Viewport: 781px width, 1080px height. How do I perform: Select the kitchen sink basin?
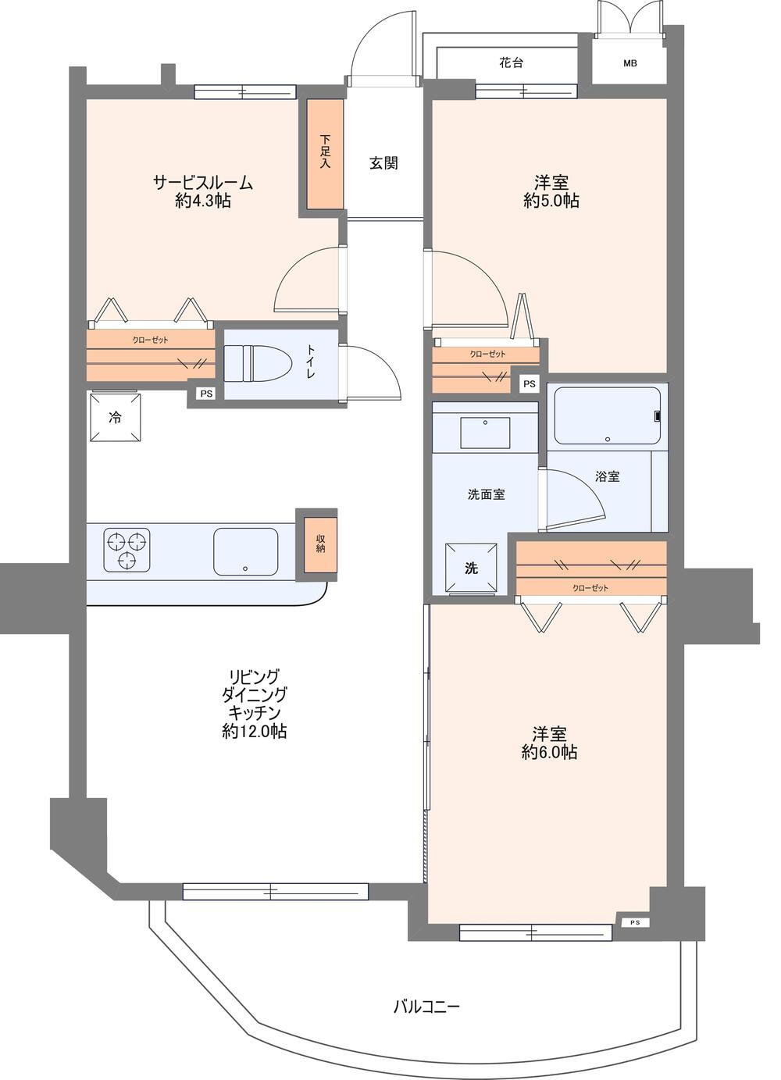coord(245,551)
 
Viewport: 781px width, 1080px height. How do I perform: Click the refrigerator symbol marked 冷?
coord(116,418)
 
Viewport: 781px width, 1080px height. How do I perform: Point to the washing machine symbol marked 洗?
coord(471,569)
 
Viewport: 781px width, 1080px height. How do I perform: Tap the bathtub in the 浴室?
coord(607,415)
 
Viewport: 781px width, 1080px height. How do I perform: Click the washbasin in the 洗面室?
coord(485,433)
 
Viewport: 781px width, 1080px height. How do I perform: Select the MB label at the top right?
coord(630,63)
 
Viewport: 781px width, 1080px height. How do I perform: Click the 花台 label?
coord(512,62)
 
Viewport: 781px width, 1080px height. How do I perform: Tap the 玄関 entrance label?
coord(383,163)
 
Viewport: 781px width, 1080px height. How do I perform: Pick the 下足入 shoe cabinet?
coord(326,155)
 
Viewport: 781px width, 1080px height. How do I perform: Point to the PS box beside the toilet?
coord(206,394)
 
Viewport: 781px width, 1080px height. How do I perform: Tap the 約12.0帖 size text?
coord(255,732)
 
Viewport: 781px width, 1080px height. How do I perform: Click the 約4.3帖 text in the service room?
coord(203,200)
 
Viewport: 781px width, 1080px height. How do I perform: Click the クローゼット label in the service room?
coord(151,340)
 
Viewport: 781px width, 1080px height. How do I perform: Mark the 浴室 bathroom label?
coord(608,477)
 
